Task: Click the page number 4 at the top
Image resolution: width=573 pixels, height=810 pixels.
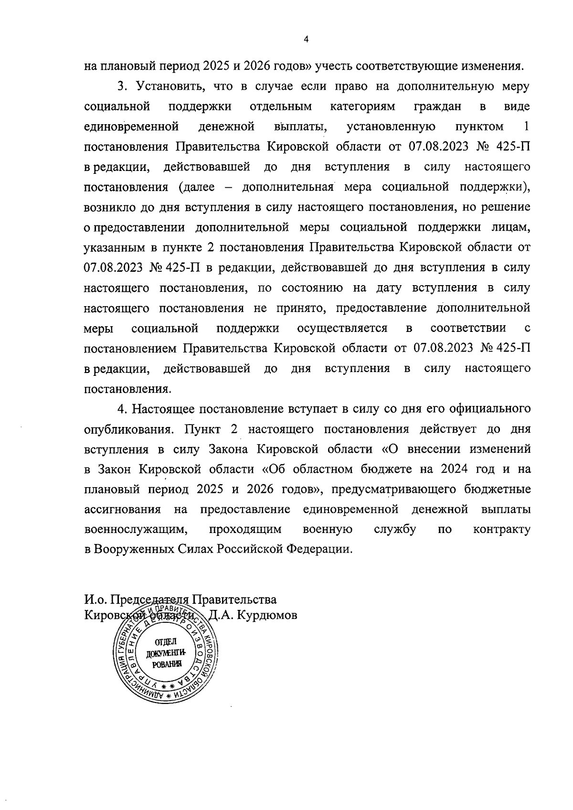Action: [x=307, y=40]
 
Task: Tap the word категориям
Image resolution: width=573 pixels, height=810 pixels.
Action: [x=362, y=106]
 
